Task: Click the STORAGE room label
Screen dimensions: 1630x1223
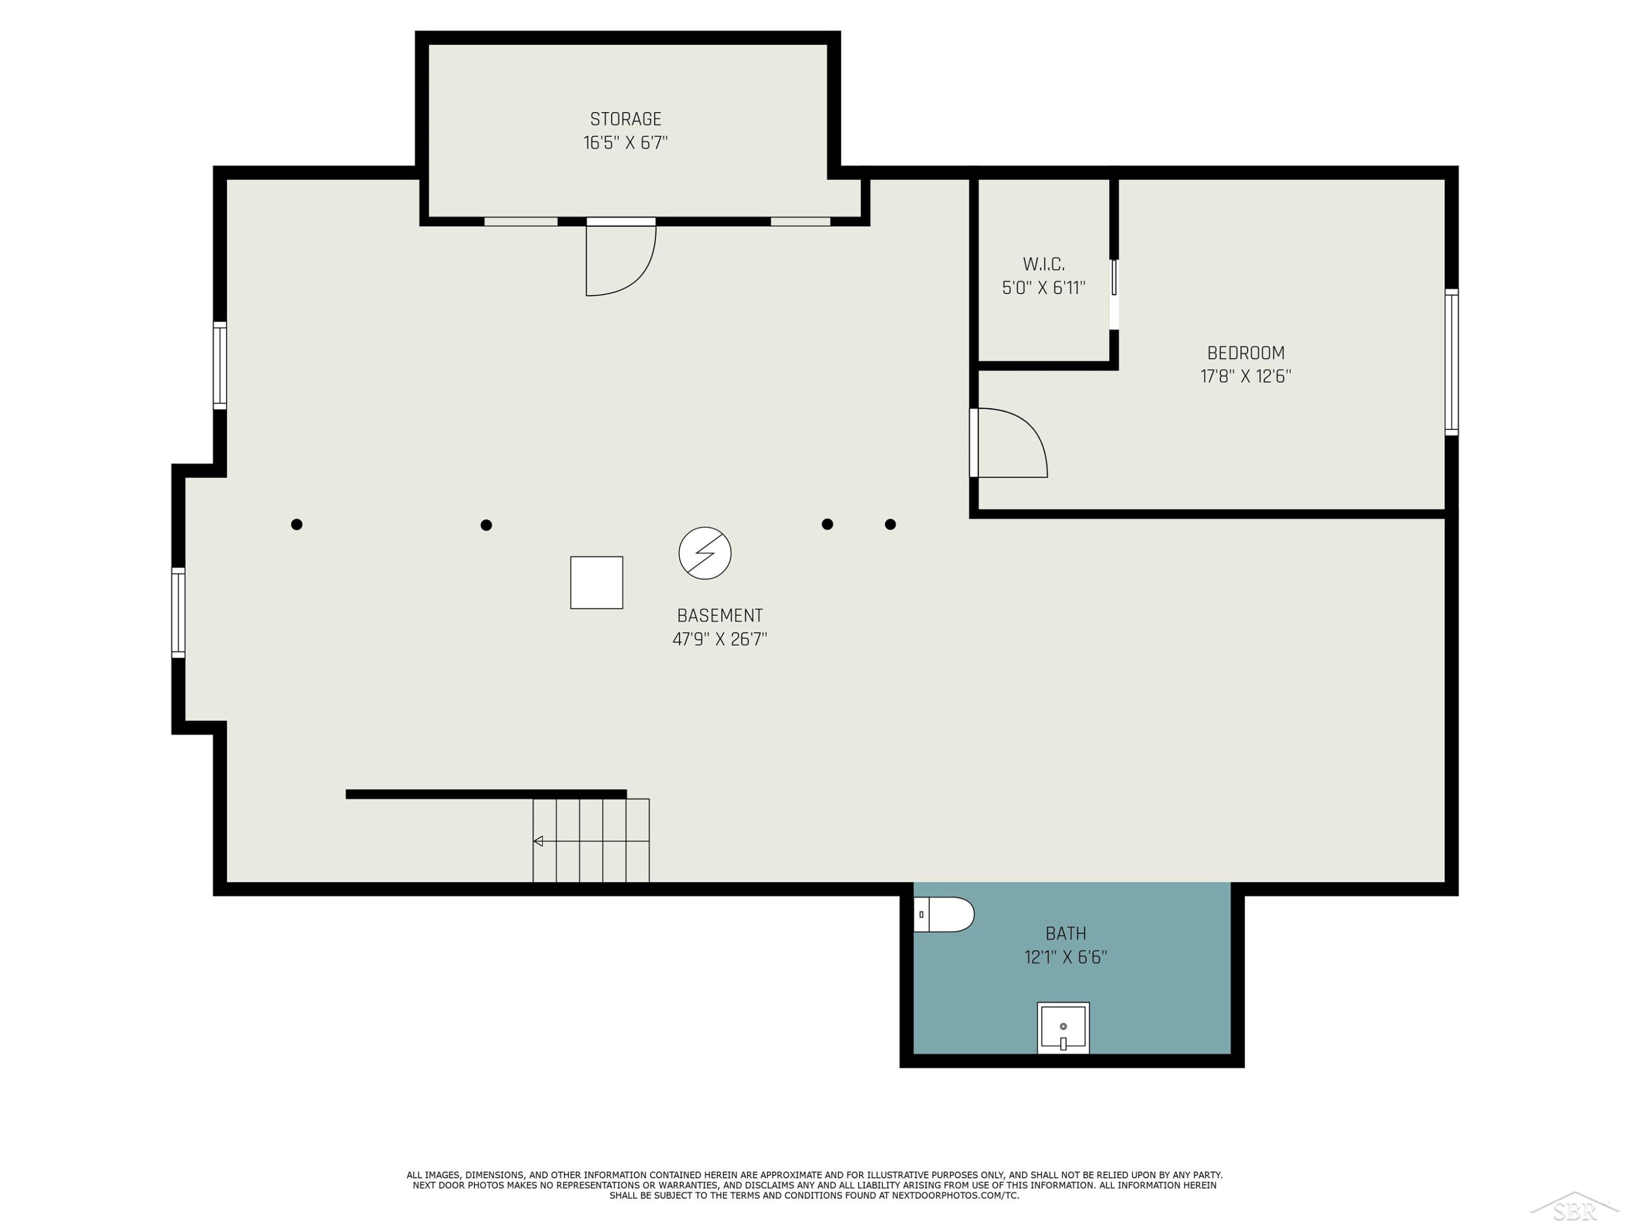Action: pyautogui.click(x=625, y=118)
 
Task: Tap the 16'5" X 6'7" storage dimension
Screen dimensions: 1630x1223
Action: pyautogui.click(x=625, y=142)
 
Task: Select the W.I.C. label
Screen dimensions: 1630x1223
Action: pyautogui.click(x=1043, y=264)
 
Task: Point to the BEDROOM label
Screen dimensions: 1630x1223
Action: pyautogui.click(x=1245, y=353)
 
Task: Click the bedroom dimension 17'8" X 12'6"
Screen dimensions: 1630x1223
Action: pyautogui.click(x=1245, y=376)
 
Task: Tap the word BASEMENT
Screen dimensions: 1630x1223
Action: pyautogui.click(x=720, y=615)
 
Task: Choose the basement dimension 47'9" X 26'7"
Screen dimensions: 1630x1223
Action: pyautogui.click(x=720, y=639)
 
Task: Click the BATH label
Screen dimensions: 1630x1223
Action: pyautogui.click(x=1065, y=933)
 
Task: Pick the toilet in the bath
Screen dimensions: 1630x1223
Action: pyautogui.click(x=944, y=914)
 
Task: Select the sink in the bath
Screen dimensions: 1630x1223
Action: pyautogui.click(x=1063, y=1028)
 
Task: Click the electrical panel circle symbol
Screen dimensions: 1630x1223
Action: pyautogui.click(x=705, y=553)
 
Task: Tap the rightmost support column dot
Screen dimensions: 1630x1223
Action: pyautogui.click(x=890, y=524)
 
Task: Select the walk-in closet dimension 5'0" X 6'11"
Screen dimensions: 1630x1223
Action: pyautogui.click(x=1043, y=288)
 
